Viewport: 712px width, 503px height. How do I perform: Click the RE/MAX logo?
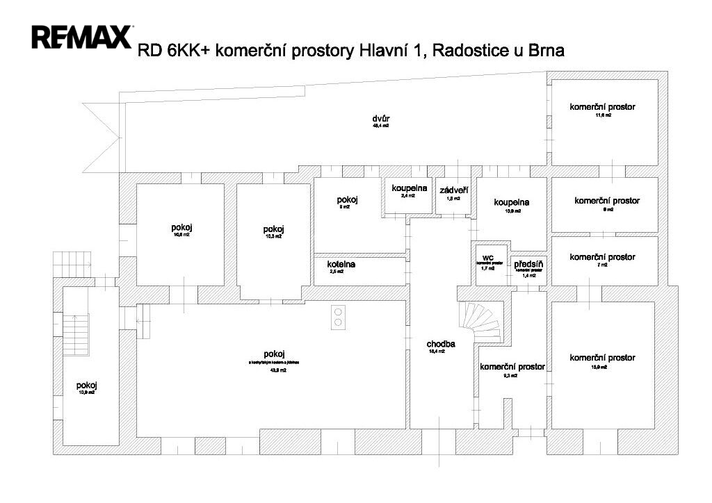point(82,37)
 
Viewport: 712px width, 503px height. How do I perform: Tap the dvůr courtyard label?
point(380,119)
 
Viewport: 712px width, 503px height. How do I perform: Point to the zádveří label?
point(453,190)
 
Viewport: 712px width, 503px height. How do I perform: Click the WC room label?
point(487,257)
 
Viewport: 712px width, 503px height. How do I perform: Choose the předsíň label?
point(529,264)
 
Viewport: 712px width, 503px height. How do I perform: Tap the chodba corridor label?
point(441,344)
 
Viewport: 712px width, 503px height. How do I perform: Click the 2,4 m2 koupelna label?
point(408,188)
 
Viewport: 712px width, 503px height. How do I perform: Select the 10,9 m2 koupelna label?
point(512,202)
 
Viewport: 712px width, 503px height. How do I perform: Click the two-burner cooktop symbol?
point(338,316)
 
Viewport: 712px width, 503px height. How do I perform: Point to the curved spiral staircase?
point(479,322)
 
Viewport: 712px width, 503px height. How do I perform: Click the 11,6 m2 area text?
point(602,115)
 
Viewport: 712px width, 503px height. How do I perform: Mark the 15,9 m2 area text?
point(602,366)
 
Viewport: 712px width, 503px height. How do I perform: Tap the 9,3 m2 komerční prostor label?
point(512,366)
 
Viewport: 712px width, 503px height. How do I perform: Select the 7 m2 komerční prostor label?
point(602,257)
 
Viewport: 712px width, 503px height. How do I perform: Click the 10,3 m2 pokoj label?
point(273,230)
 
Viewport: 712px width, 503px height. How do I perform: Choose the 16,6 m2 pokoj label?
point(181,227)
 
